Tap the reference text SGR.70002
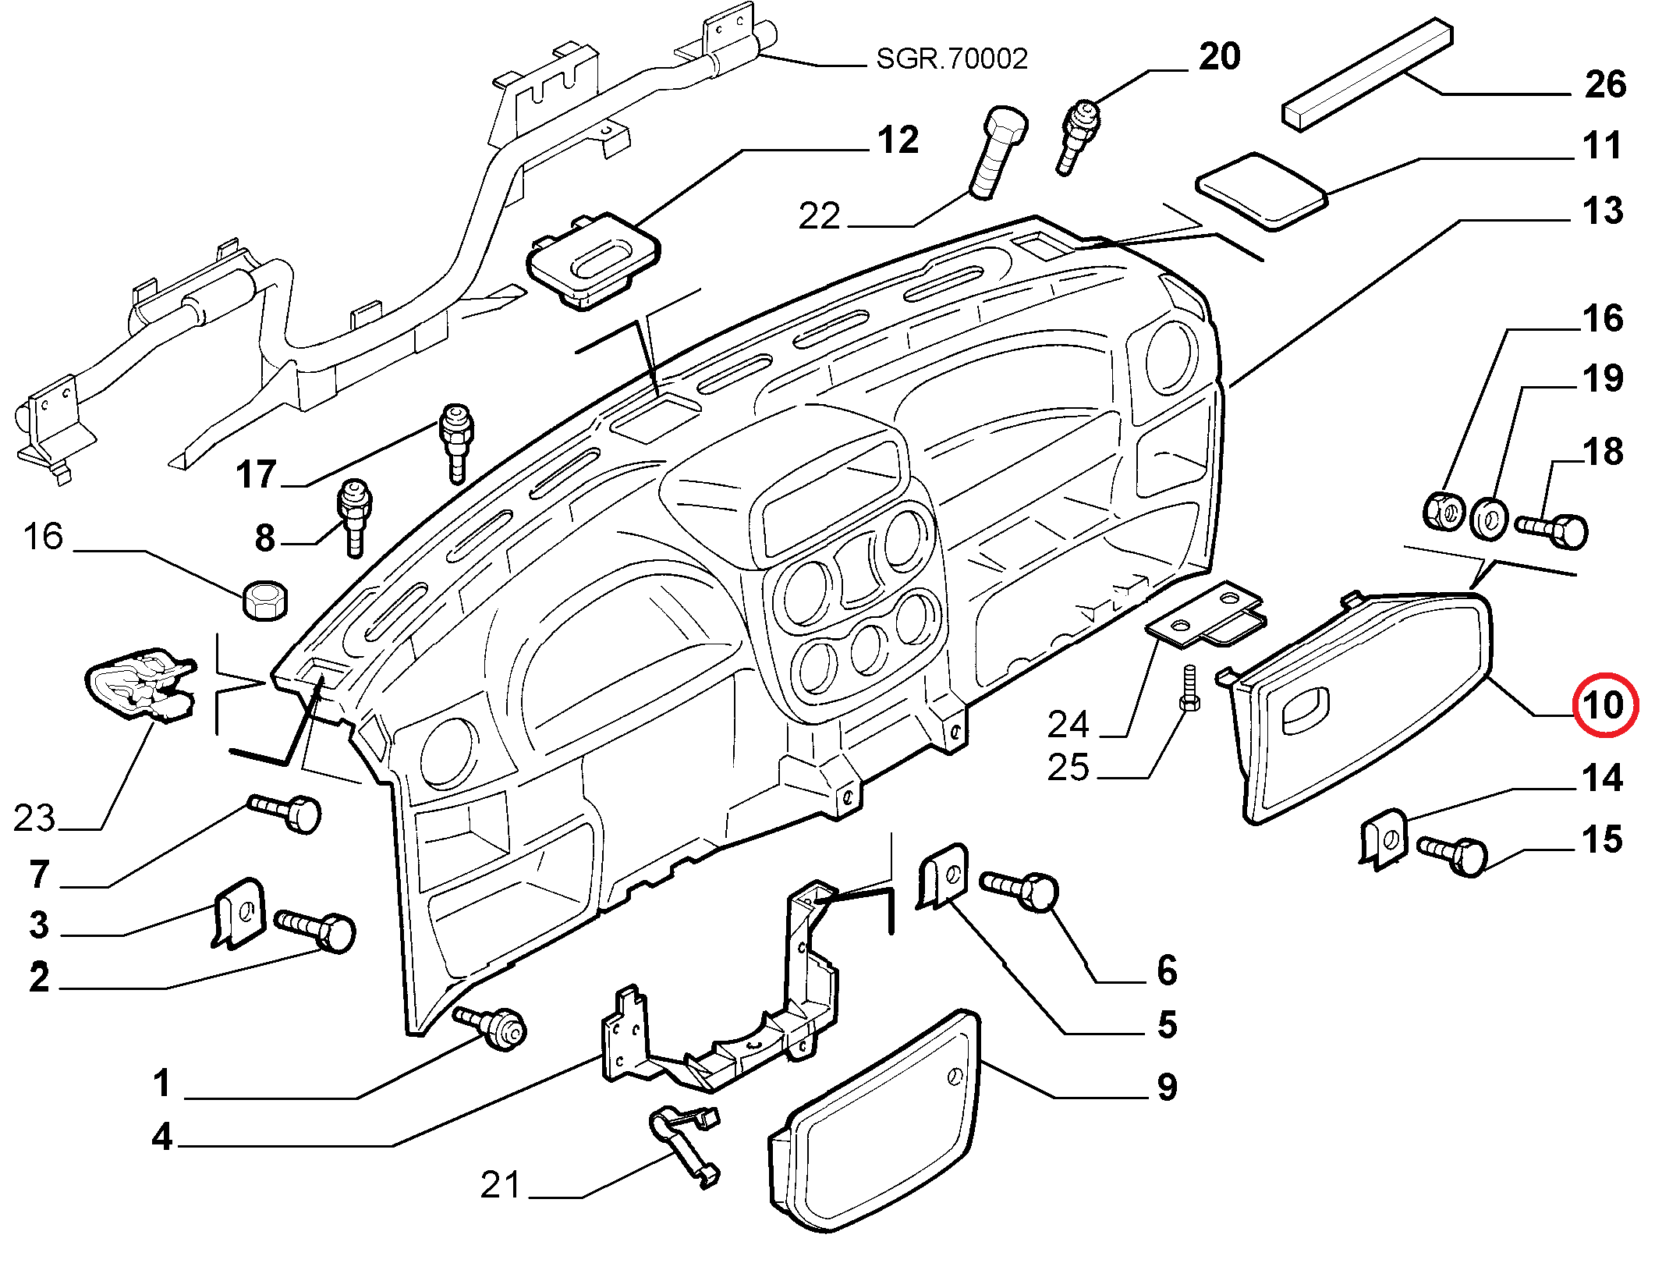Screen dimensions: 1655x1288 coord(952,59)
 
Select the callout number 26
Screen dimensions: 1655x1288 coord(1605,84)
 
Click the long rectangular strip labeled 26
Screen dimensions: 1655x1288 coord(1368,74)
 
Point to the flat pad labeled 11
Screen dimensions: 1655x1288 coord(1261,192)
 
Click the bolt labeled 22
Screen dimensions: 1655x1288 coord(998,151)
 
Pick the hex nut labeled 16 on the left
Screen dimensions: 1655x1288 coord(265,601)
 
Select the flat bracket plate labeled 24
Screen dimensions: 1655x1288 coord(1205,613)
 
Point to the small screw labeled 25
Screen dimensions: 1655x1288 coord(1189,687)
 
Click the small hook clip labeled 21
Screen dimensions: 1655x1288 coord(685,1144)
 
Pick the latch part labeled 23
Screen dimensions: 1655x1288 coord(140,684)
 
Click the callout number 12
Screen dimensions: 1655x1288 coord(898,140)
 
